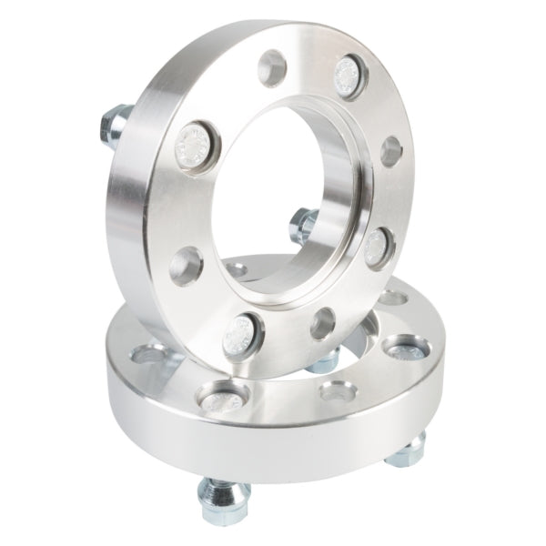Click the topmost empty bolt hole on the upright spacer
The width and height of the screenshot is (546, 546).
click(272, 67)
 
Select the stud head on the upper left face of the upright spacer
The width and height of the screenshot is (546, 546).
click(194, 146)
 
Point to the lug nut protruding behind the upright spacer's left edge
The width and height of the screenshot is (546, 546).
click(115, 125)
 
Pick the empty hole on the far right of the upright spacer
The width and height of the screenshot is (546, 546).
click(391, 152)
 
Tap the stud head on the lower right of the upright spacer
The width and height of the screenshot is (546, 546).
click(377, 246)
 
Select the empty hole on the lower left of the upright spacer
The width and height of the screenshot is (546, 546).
click(186, 266)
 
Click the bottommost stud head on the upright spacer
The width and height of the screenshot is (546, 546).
click(243, 336)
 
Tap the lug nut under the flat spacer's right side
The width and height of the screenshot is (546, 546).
click(407, 450)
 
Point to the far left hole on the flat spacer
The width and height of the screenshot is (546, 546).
click(148, 353)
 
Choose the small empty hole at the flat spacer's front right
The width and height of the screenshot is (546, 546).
click(338, 391)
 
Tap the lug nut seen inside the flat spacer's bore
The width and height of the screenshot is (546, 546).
click(324, 359)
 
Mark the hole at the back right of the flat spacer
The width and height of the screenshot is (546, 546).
click(392, 297)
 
